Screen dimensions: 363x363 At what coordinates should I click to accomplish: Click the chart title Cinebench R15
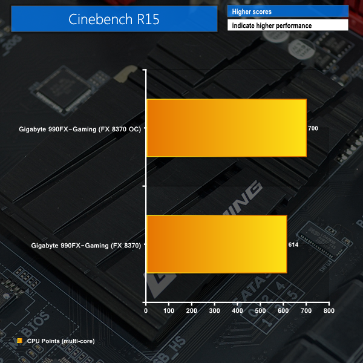click(114, 19)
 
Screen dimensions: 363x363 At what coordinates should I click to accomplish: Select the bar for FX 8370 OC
click(227, 128)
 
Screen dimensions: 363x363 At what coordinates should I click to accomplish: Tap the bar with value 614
click(217, 244)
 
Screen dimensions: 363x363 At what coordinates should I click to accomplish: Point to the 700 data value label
click(313, 128)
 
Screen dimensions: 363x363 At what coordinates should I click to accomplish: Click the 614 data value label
click(293, 244)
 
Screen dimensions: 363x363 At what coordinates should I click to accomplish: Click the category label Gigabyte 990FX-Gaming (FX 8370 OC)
click(80, 129)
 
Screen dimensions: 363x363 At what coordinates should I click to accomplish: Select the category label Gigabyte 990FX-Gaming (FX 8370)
click(86, 246)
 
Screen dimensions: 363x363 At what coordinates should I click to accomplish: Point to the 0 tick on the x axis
click(146, 311)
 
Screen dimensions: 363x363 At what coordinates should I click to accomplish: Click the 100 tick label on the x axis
click(169, 311)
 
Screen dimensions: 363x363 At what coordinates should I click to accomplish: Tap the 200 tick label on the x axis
click(191, 311)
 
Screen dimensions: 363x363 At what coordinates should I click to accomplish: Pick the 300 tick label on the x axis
click(214, 311)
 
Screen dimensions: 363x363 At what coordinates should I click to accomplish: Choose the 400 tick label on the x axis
click(237, 311)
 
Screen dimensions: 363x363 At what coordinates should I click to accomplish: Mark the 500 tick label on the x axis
click(260, 311)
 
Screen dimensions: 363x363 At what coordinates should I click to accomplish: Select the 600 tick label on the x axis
click(283, 311)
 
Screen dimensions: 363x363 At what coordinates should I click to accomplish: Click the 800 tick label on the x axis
click(329, 311)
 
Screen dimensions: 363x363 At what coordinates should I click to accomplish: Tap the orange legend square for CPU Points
click(20, 341)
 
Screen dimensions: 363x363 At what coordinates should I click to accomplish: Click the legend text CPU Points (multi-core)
click(61, 341)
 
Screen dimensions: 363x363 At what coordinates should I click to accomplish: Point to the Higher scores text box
click(288, 11)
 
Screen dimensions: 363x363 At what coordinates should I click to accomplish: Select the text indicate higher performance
click(272, 25)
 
